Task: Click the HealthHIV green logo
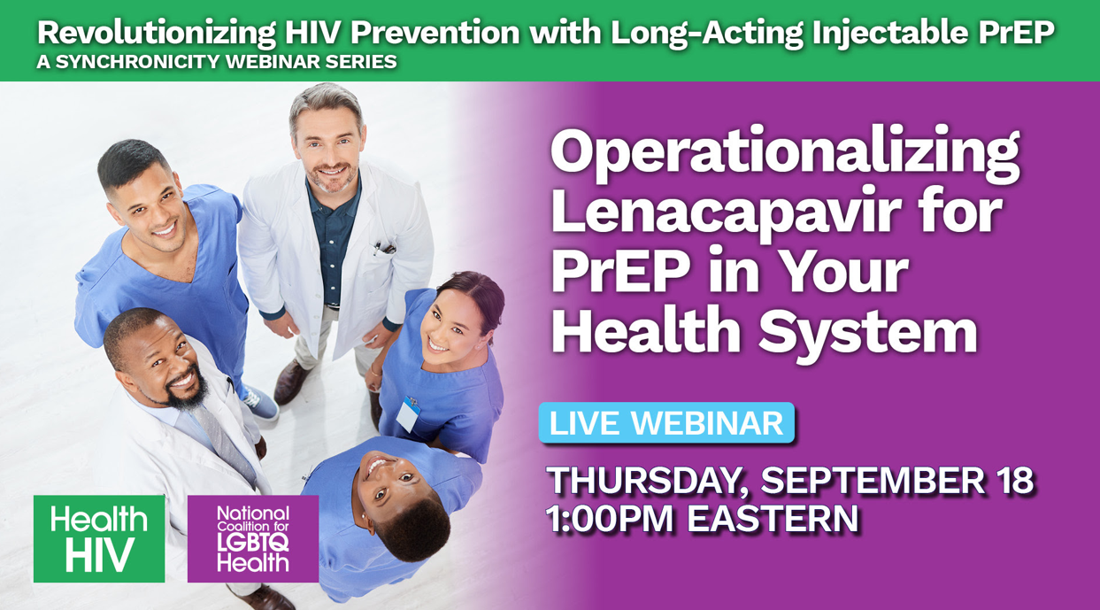(x=99, y=539)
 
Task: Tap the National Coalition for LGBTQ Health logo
(x=253, y=539)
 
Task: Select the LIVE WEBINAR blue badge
(x=666, y=423)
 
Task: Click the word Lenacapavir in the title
(x=726, y=213)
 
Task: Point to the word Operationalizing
(x=786, y=155)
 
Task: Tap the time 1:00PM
(x=610, y=519)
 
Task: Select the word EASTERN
(x=773, y=519)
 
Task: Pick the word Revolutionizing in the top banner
(x=157, y=34)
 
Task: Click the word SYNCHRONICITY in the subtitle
(x=138, y=62)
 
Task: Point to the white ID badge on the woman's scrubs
(x=408, y=414)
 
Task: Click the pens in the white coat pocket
(x=383, y=248)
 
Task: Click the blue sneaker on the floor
(x=259, y=403)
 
